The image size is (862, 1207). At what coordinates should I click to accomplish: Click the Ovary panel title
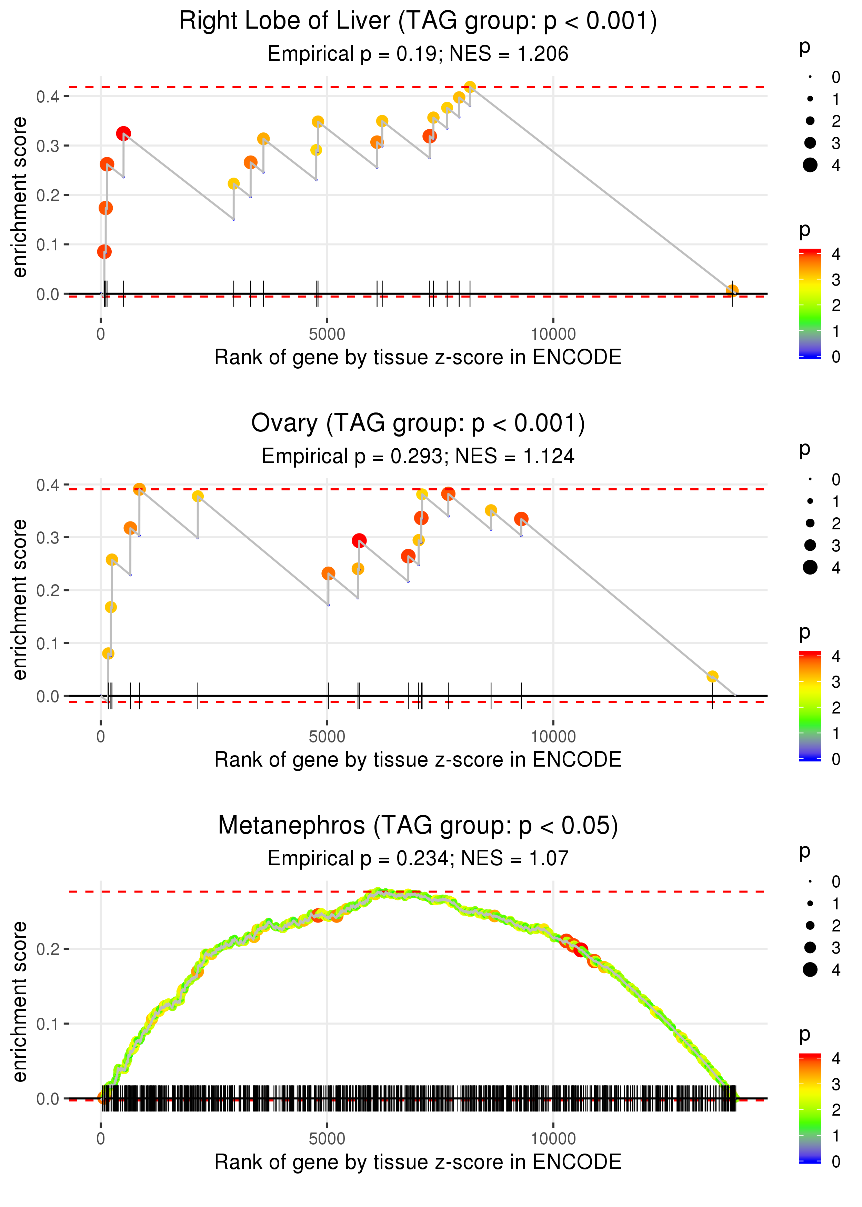pos(418,423)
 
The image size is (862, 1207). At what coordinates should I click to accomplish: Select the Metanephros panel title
pos(418,825)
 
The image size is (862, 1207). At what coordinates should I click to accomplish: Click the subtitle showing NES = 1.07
pos(418,858)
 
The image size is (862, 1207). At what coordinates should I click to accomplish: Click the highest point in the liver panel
pos(470,87)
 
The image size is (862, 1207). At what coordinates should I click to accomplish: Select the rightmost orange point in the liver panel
pos(732,290)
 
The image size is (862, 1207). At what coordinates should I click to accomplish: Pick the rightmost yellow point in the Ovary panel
pos(712,676)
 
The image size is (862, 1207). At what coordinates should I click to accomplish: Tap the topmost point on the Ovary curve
pos(139,489)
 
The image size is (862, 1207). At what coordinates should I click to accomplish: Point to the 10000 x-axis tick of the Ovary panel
pos(553,737)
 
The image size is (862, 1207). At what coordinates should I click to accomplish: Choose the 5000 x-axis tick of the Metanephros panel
pos(327,1138)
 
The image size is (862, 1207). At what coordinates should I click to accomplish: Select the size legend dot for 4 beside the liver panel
pos(810,165)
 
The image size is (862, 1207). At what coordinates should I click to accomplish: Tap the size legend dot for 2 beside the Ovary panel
pos(810,523)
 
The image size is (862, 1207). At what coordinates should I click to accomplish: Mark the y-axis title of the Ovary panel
pos(20,600)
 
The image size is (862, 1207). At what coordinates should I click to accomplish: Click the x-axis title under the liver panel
pos(418,357)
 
